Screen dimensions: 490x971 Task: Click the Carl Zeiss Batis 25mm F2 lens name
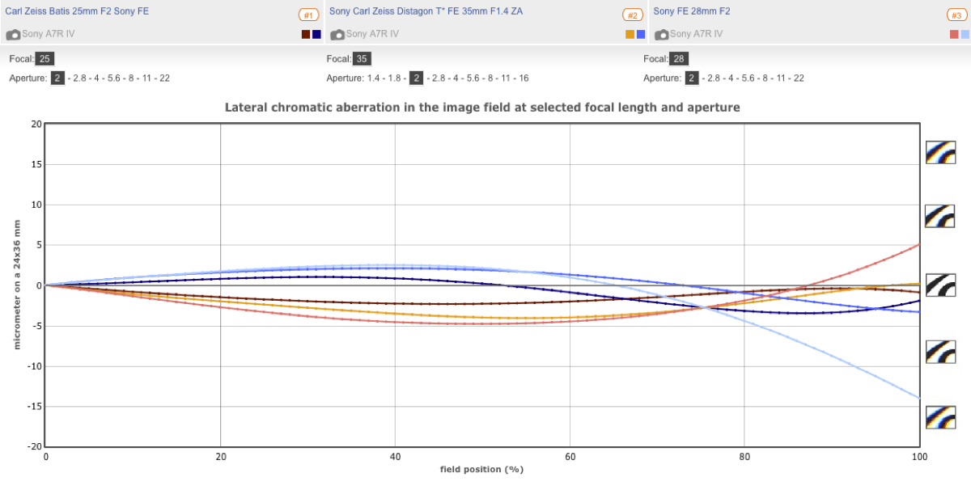(x=77, y=11)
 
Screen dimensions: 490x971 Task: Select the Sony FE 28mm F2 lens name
(x=692, y=11)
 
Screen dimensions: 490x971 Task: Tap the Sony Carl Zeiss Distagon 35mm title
(x=426, y=11)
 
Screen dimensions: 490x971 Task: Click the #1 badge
(x=308, y=15)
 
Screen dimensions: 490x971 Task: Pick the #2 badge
(x=633, y=15)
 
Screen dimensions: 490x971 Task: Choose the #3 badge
(x=956, y=15)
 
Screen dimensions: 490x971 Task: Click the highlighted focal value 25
(x=45, y=59)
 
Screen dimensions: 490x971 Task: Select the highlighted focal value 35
(x=363, y=59)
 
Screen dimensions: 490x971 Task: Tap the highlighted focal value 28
(x=679, y=59)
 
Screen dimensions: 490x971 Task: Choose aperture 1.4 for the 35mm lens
(x=373, y=78)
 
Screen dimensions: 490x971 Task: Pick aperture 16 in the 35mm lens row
(x=524, y=78)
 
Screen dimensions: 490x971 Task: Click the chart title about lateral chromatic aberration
(x=482, y=107)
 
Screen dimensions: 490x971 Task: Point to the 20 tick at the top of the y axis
(x=36, y=124)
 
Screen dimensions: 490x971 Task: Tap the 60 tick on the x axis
(x=570, y=456)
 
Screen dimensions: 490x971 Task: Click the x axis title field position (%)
(x=483, y=469)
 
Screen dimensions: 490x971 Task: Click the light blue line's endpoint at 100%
(x=919, y=398)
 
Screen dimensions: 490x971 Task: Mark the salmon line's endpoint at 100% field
(x=919, y=243)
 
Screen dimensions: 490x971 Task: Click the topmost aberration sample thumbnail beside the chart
(x=941, y=152)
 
